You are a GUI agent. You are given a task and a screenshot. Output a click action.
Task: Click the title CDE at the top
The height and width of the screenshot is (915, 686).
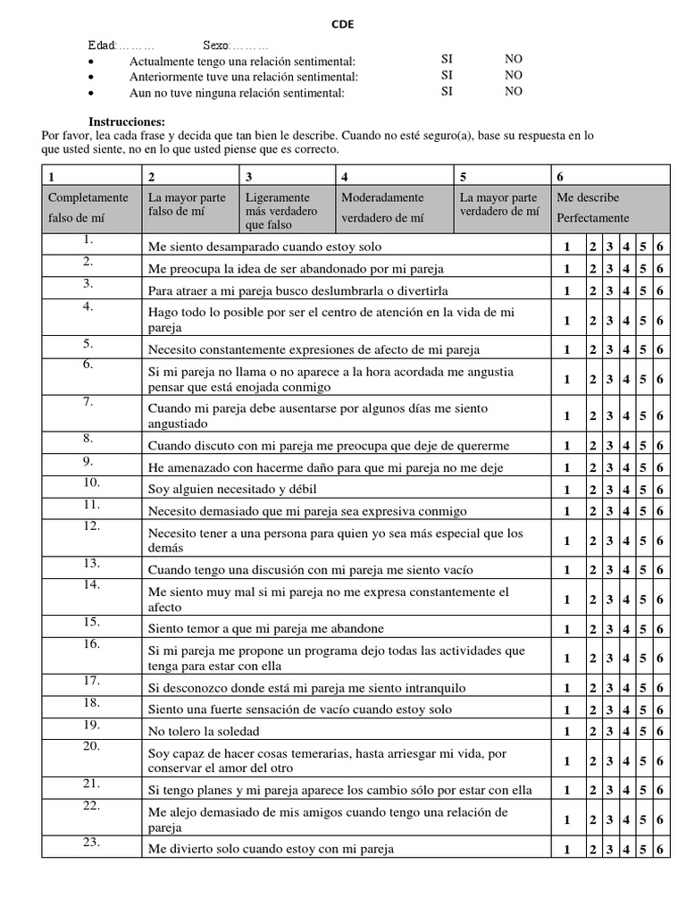coord(343,25)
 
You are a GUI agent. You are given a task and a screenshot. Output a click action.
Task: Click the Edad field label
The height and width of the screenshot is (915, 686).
coord(102,46)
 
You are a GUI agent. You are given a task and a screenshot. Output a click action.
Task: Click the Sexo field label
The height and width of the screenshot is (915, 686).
coord(216,46)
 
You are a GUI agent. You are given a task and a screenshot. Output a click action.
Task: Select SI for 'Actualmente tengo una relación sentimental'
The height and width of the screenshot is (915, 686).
coord(448,60)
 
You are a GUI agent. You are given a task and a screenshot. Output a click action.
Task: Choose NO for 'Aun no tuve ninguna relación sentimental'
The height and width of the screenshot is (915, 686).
coord(514,91)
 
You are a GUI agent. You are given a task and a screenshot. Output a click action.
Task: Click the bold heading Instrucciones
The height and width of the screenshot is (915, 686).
coord(126,122)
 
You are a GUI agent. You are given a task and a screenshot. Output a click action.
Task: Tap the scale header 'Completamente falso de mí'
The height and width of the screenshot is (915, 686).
coord(88,207)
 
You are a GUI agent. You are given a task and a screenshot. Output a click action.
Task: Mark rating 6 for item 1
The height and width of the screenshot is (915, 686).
coord(659,248)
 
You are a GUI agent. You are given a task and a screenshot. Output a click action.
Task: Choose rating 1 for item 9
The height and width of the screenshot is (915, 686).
coord(566,467)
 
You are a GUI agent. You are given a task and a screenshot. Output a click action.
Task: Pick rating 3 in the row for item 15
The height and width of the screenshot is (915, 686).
coord(609,629)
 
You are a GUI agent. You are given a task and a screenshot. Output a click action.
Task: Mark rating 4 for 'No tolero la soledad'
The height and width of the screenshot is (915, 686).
coord(627,731)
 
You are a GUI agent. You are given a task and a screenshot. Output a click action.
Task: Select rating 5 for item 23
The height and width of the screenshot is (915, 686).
coord(643,850)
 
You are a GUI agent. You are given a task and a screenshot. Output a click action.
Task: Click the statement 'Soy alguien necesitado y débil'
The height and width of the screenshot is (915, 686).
coord(232,490)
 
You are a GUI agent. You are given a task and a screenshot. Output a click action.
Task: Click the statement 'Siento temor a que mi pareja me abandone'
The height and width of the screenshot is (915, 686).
coord(266,629)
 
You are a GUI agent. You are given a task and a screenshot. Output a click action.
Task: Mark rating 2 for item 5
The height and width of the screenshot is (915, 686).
coord(593,350)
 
